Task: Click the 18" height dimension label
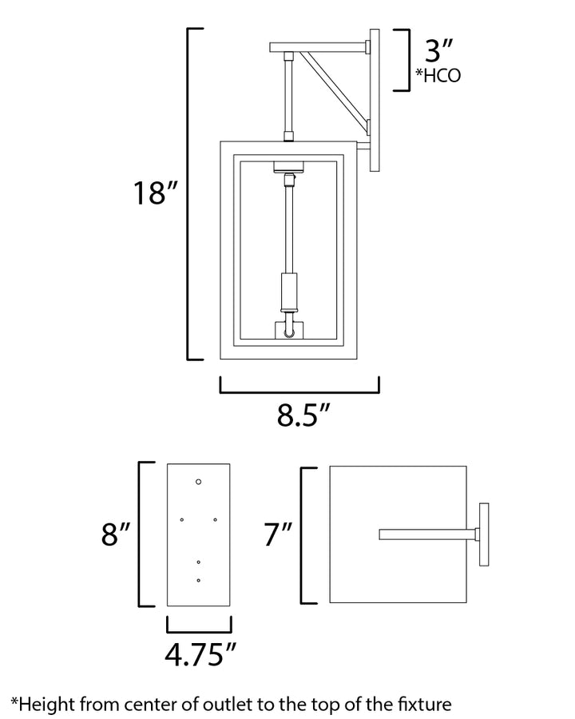tap(155, 193)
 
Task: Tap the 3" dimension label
tap(439, 50)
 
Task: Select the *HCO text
tap(438, 76)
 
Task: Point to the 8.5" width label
tap(303, 415)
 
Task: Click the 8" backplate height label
tap(116, 534)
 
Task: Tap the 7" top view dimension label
tap(279, 534)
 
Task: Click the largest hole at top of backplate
tap(199, 482)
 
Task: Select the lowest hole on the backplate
tap(199, 581)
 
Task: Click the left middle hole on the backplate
tap(182, 519)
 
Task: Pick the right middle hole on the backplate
tap(215, 519)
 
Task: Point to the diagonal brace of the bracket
tap(335, 89)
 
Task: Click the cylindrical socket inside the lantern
tap(289, 291)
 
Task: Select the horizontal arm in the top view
tap(428, 534)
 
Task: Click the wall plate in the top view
tap(484, 534)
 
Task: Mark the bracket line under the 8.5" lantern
tap(299, 392)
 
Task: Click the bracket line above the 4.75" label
tap(199, 632)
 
